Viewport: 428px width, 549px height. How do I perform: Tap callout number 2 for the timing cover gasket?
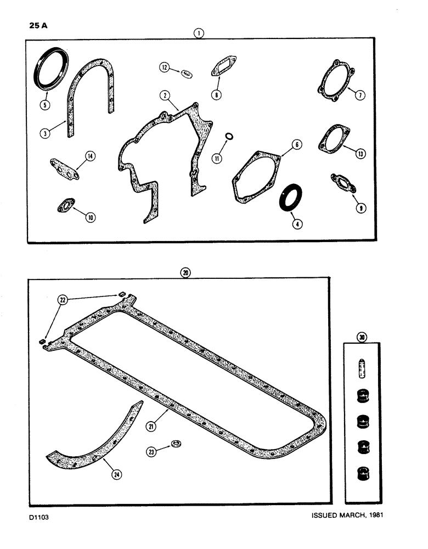(x=163, y=95)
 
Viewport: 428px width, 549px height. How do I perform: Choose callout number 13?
(x=360, y=154)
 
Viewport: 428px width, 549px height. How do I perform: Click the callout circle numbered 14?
(x=89, y=156)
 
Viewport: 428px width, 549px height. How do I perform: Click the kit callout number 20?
(x=185, y=273)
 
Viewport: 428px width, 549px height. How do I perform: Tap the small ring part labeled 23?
(x=176, y=444)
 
